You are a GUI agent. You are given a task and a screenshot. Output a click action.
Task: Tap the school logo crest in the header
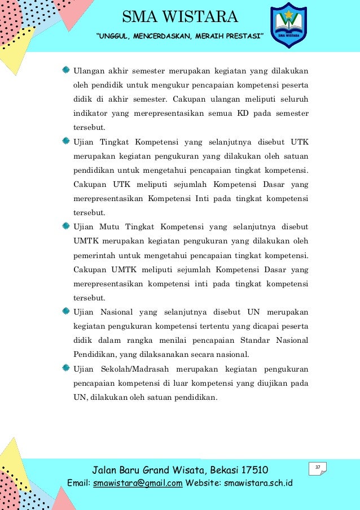pos(288,25)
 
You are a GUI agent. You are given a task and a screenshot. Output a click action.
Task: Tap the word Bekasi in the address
pos(218,470)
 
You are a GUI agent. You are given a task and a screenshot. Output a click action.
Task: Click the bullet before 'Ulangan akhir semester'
pos(66,71)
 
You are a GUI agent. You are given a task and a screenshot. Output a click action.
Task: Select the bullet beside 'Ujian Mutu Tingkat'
pos(66,226)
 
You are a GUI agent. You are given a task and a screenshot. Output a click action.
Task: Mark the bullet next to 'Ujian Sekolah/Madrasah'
pos(66,368)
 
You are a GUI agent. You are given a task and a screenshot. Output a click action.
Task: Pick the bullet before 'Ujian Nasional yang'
pos(66,311)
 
